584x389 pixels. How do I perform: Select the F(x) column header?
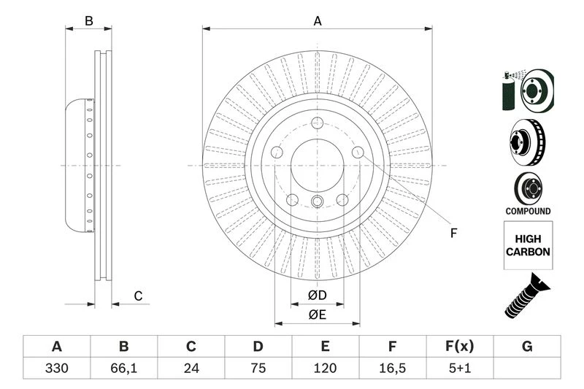click(x=460, y=346)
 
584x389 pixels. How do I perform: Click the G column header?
click(x=527, y=346)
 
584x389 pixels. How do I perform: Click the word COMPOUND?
click(x=527, y=211)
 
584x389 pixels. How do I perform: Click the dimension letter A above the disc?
click(x=318, y=21)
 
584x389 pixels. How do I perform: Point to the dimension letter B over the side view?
click(x=89, y=21)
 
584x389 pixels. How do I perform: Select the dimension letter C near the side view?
click(x=137, y=296)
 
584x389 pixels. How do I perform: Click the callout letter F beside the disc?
click(x=453, y=234)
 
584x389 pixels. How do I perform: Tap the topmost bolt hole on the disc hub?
click(x=317, y=125)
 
